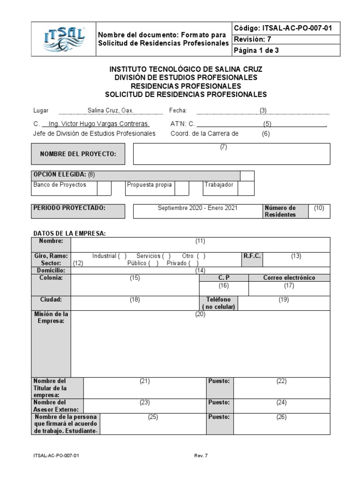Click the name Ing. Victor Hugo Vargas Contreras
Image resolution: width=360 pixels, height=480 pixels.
point(96,124)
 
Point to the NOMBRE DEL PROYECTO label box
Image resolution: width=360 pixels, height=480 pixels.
point(78,154)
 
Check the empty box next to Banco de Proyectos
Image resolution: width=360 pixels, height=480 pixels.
point(104,188)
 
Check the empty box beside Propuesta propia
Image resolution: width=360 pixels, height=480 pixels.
point(182,188)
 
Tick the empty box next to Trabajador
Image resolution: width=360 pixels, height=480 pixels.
point(246,188)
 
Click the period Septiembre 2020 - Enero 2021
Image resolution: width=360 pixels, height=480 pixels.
point(197,208)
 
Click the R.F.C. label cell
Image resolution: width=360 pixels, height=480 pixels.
point(252,256)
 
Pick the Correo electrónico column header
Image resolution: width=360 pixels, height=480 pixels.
point(289,277)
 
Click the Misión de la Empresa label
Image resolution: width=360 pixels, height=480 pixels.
point(51,317)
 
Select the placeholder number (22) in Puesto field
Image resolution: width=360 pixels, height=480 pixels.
point(281,381)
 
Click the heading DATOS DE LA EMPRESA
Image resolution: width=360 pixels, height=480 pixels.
point(69,233)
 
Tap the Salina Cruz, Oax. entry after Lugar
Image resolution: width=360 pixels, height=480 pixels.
point(111,111)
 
